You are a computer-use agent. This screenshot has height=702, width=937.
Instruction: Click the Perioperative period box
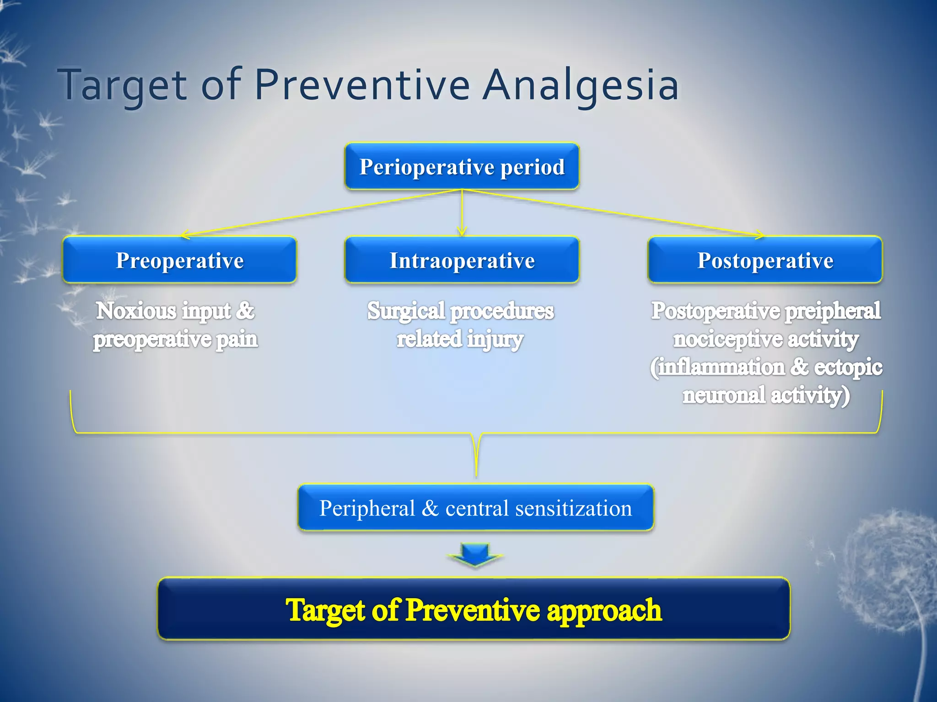(462, 166)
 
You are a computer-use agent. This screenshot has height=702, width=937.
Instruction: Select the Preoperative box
(179, 260)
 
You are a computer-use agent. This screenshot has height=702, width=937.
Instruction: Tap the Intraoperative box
(462, 260)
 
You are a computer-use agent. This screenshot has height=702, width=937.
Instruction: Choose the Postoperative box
(765, 260)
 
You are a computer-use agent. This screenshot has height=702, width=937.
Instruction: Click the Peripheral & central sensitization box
(475, 508)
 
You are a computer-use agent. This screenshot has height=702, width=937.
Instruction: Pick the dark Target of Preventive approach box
(474, 609)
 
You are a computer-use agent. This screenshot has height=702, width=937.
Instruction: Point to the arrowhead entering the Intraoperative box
(462, 233)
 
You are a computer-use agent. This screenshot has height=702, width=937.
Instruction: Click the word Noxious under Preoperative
(136, 311)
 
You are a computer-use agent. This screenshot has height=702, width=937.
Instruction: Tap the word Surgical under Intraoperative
(406, 311)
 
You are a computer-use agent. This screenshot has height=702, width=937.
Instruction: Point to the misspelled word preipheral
(833, 311)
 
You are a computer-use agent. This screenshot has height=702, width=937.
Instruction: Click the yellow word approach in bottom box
(604, 611)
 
